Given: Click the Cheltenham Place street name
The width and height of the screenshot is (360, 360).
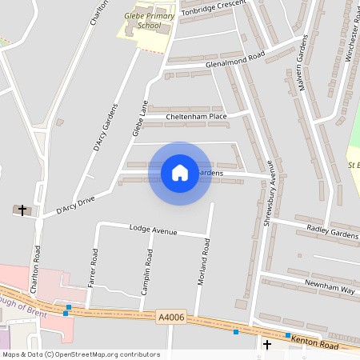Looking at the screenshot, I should click(196, 117).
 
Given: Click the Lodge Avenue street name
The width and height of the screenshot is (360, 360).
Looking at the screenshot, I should click(153, 230).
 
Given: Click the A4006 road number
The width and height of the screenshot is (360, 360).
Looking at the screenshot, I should click(170, 318).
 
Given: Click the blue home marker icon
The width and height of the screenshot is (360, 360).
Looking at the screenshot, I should click(180, 173).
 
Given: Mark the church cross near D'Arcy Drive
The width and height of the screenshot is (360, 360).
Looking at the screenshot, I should click(22, 210).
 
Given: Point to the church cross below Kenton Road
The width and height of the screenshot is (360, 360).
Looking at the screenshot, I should click(267, 345).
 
